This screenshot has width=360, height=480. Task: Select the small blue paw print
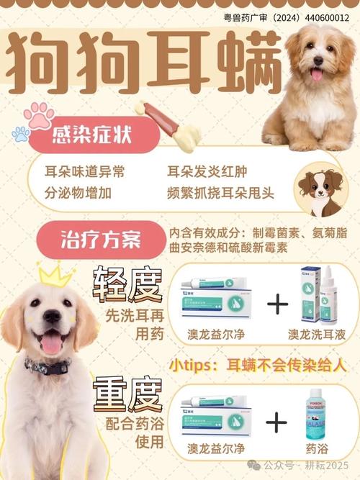pyautogui.click(x=21, y=134)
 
